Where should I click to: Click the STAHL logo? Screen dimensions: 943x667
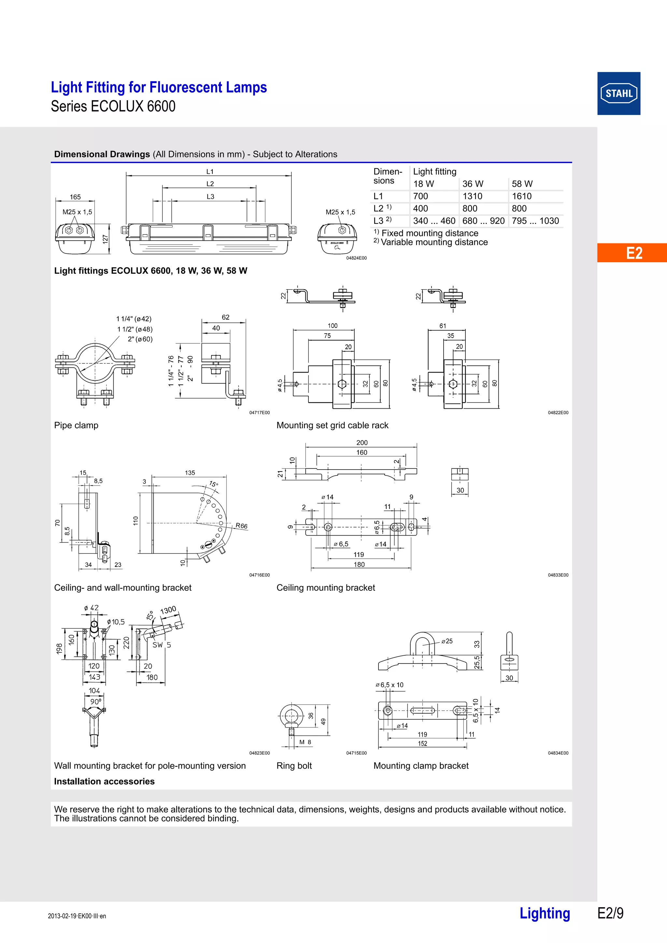click(618, 93)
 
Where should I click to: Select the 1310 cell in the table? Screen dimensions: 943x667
click(472, 196)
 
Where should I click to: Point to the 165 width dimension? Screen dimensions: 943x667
click(75, 197)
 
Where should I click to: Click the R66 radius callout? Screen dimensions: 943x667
click(241, 526)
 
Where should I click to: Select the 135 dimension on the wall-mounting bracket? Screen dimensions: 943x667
click(190, 473)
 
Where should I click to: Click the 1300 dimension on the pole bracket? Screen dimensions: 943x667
click(168, 610)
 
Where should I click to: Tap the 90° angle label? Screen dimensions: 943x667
click(96, 702)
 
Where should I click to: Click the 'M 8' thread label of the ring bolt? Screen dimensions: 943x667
click(305, 742)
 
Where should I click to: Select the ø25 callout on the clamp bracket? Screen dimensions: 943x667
click(447, 641)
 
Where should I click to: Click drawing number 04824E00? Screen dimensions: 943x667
click(356, 258)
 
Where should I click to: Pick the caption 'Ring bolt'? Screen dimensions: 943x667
click(294, 766)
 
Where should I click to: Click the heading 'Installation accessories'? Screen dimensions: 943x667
click(105, 781)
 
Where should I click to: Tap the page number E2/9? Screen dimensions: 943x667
click(610, 913)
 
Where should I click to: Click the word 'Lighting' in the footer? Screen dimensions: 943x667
click(545, 913)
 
